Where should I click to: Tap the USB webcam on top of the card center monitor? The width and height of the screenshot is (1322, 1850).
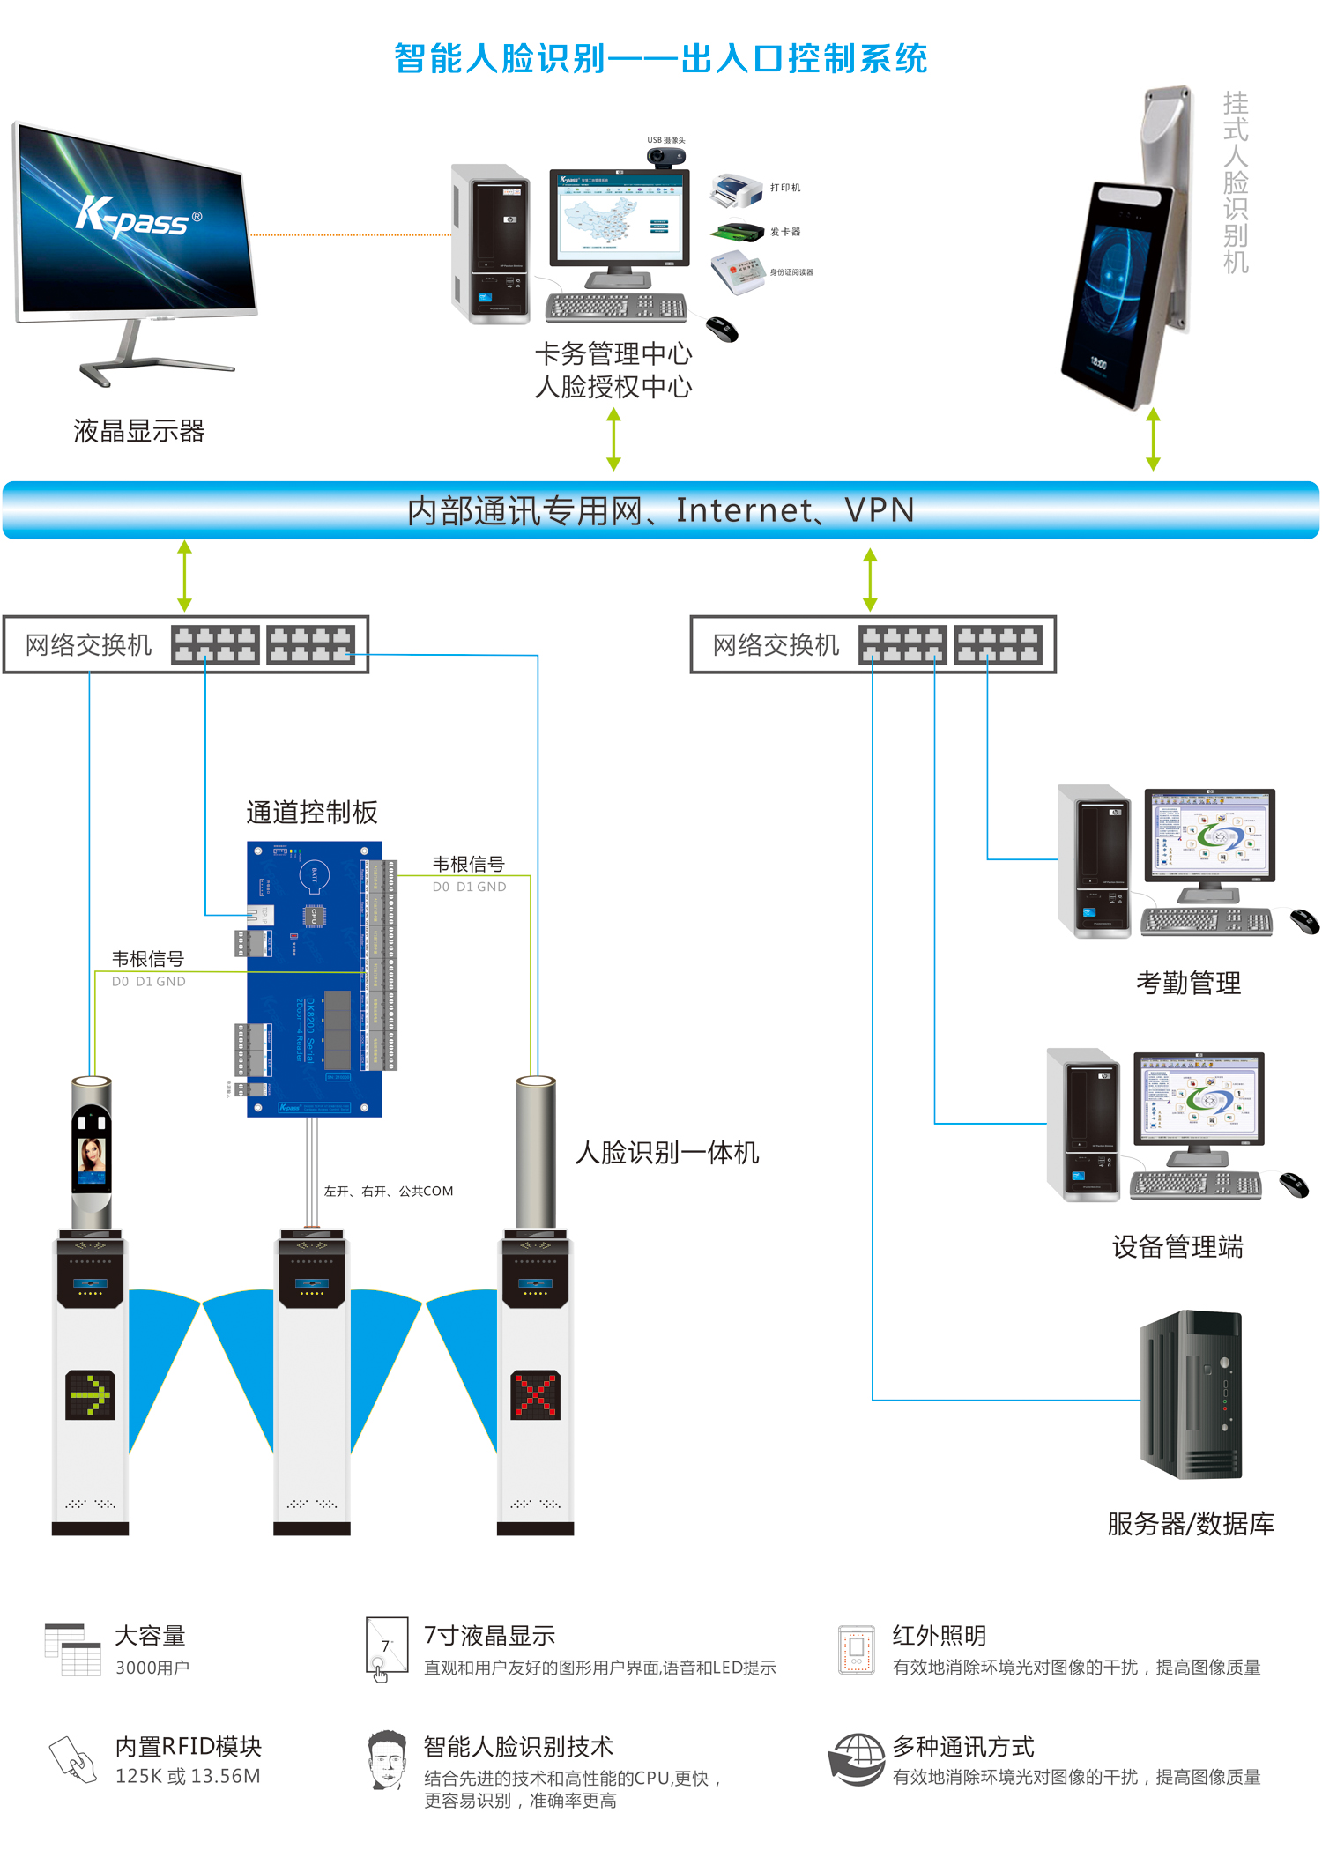666,158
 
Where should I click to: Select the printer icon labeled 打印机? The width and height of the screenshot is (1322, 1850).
735,190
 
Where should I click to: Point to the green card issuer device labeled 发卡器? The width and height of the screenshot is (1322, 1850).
738,233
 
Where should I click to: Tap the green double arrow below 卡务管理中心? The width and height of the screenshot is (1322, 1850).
614,439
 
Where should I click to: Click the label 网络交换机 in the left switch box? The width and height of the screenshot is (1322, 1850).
88,645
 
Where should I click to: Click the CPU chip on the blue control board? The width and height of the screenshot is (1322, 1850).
315,916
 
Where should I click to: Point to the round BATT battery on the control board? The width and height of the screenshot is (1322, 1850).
315,874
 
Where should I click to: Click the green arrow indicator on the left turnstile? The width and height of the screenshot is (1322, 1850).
90,1394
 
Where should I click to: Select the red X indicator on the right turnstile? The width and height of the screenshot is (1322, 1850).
536,1394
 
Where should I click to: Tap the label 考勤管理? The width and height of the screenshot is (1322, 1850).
1188,983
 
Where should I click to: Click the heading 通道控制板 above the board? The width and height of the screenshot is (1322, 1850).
312,812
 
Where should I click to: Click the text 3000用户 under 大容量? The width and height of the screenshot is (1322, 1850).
152,1668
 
